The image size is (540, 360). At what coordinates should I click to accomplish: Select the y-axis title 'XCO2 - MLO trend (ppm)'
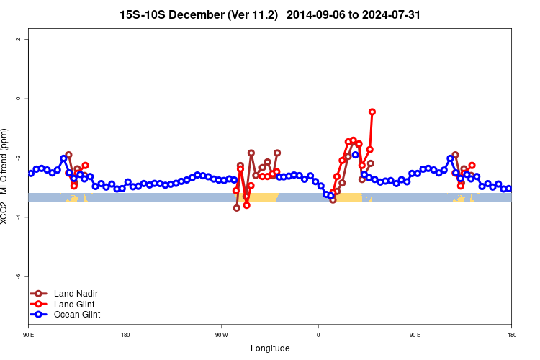click(x=6, y=176)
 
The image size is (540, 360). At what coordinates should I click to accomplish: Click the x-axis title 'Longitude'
click(x=270, y=348)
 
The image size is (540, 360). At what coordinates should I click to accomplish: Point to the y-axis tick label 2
click(x=18, y=39)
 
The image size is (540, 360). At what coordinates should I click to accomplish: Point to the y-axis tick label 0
click(x=18, y=98)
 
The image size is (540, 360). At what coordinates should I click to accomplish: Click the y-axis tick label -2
click(x=18, y=158)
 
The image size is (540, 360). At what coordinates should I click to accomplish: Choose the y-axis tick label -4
click(x=18, y=217)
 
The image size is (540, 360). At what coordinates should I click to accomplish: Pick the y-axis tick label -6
click(x=18, y=276)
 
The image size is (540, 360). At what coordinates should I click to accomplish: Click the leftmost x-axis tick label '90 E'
click(x=28, y=334)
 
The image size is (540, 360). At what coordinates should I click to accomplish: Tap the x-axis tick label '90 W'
click(x=221, y=334)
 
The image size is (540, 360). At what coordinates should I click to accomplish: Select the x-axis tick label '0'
click(x=318, y=334)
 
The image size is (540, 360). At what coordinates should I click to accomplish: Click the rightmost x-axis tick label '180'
click(x=511, y=334)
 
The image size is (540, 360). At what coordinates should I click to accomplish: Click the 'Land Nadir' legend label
click(x=76, y=294)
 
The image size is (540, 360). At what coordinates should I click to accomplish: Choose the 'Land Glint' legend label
click(x=74, y=304)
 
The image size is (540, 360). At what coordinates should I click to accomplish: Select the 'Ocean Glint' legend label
click(x=77, y=315)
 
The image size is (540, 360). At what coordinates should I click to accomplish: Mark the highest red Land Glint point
click(x=372, y=112)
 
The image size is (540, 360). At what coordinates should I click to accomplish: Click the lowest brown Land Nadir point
click(x=237, y=208)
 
